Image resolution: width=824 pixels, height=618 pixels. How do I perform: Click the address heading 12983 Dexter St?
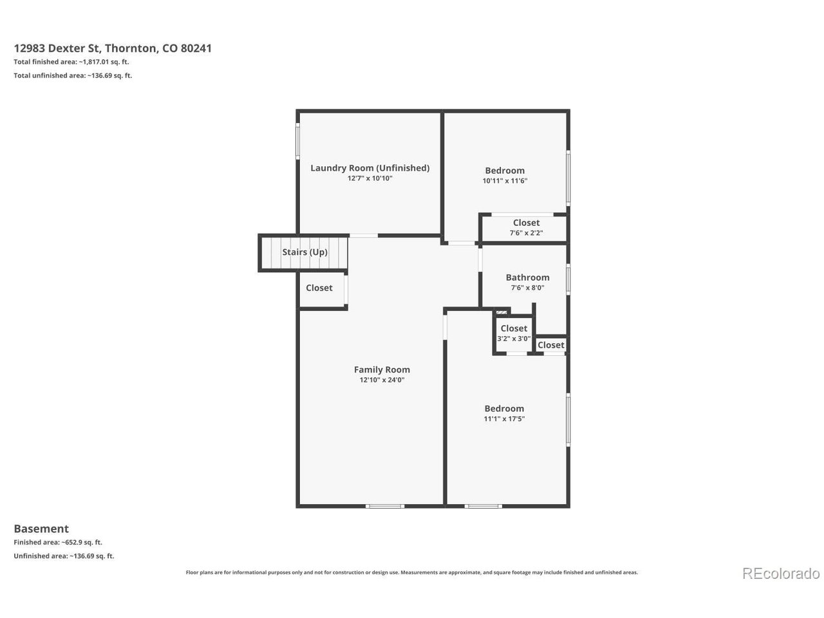click(x=113, y=48)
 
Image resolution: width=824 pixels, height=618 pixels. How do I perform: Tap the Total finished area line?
click(x=71, y=62)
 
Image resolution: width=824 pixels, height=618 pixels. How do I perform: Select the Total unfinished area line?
click(x=73, y=75)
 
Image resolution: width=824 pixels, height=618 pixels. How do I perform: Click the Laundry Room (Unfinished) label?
click(x=370, y=168)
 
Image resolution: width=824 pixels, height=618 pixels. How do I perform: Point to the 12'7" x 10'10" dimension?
click(x=370, y=178)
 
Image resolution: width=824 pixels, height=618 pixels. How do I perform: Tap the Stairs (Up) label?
click(x=305, y=252)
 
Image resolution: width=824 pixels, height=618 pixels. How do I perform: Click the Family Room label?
click(x=382, y=370)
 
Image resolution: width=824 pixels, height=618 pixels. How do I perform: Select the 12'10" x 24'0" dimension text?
click(x=382, y=380)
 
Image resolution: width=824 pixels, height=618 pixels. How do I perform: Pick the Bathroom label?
click(x=527, y=277)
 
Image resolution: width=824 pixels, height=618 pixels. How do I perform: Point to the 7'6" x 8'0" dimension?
click(x=527, y=288)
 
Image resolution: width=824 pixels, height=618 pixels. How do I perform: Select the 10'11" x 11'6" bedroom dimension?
click(x=505, y=181)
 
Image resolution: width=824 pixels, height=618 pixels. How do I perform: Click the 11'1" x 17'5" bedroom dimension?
click(x=504, y=418)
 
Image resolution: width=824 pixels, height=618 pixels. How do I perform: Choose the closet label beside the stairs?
click(x=319, y=288)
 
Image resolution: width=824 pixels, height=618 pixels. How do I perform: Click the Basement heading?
click(x=41, y=529)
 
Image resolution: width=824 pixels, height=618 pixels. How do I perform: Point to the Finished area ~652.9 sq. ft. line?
click(x=58, y=542)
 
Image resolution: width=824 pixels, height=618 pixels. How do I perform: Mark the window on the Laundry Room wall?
click(x=297, y=141)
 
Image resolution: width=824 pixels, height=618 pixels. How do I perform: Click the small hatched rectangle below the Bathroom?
click(x=501, y=312)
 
